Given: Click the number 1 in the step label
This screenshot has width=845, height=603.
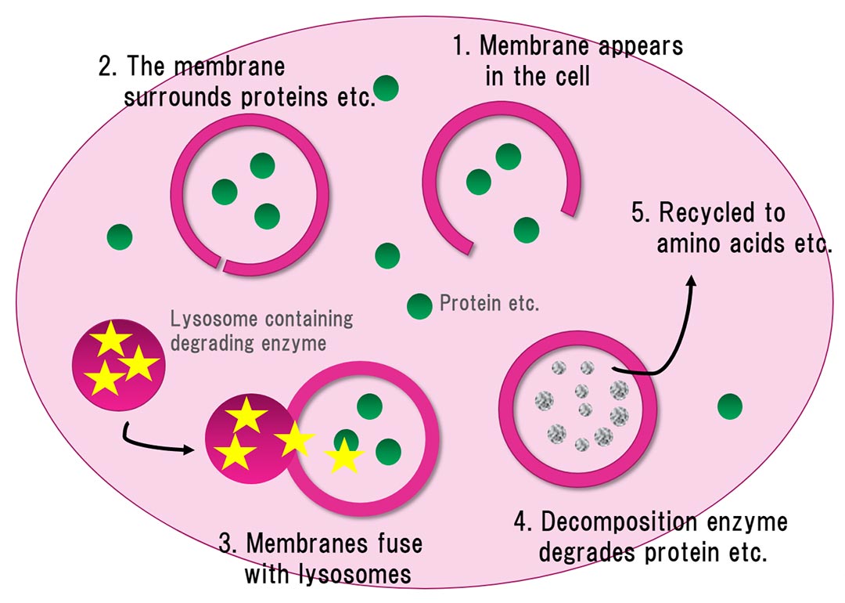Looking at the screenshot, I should coord(460,45).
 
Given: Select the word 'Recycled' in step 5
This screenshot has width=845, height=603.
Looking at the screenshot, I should coord(709,213).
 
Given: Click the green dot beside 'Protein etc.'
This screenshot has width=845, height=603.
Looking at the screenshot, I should coord(419,305).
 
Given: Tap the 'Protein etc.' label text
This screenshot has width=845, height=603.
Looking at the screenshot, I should coord(489,303).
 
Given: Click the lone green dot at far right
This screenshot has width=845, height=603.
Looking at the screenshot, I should coord(729,406).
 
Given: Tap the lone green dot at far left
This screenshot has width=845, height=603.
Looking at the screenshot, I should coord(120,236).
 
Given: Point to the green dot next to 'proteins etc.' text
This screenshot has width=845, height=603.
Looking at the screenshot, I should coord(387,88).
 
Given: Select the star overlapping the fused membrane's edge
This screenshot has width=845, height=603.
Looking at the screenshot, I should coord(294,441).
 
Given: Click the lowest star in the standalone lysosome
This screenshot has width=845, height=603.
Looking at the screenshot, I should coord(105,380).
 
